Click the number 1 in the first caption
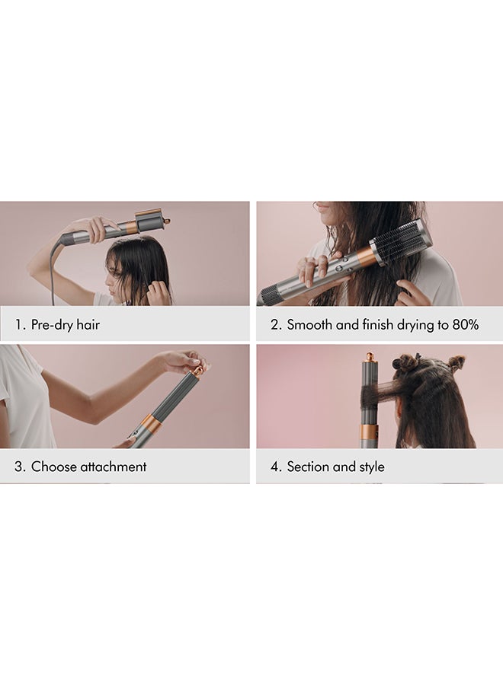click(18, 324)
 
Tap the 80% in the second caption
click(465, 324)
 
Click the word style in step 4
click(372, 467)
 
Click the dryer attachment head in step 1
click(152, 221)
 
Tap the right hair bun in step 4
click(456, 362)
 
